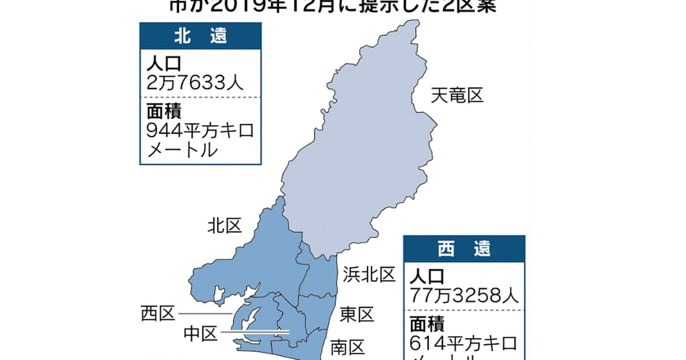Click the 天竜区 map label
click(x=457, y=95)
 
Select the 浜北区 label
click(x=369, y=275)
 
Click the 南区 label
click(x=348, y=346)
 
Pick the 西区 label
click(x=157, y=314)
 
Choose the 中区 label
click(x=200, y=333)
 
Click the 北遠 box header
click(x=200, y=35)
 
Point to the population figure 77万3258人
click(x=464, y=296)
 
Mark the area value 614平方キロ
click(x=464, y=344)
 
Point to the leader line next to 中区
click(x=254, y=332)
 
